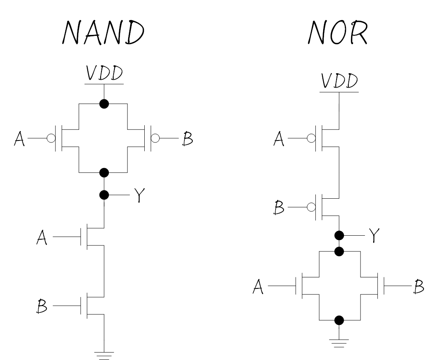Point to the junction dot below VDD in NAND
pyautogui.click(x=104, y=104)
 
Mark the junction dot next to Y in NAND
pyautogui.click(x=104, y=195)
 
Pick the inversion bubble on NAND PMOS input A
pyautogui.click(x=51, y=138)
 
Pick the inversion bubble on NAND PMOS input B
pyautogui.click(x=156, y=138)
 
